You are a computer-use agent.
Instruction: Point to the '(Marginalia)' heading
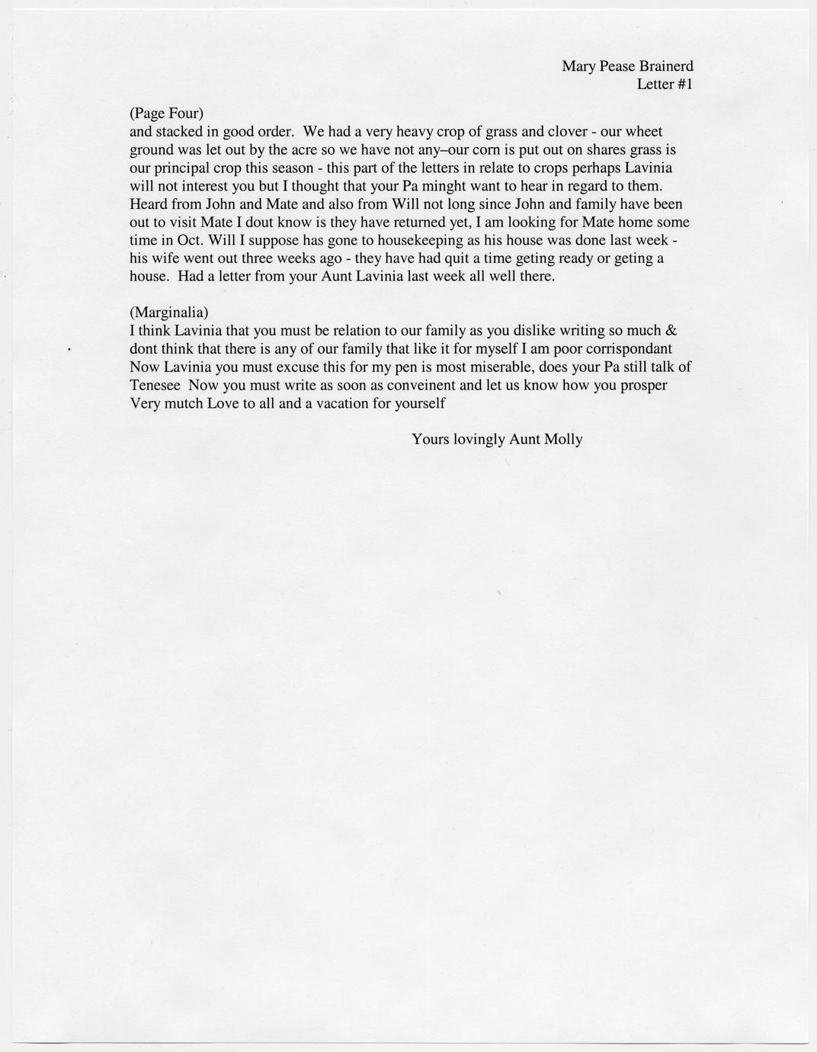(168, 313)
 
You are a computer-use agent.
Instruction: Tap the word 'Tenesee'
(155, 385)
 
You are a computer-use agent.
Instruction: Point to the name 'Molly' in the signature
(563, 439)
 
